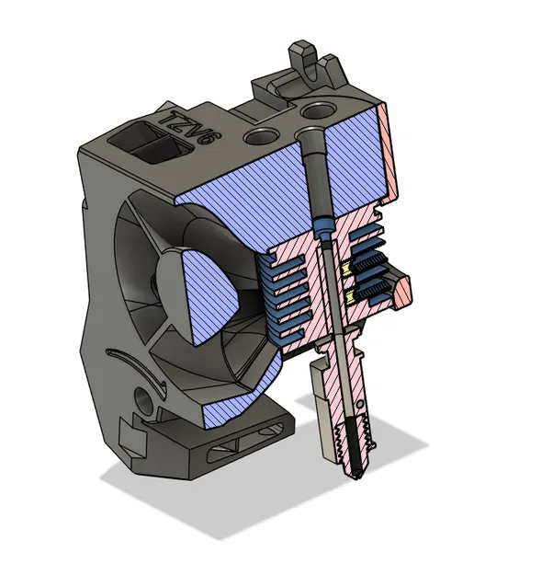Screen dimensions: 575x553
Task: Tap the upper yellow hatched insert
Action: [x=349, y=269]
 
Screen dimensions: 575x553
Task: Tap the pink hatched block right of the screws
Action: [x=401, y=291]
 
